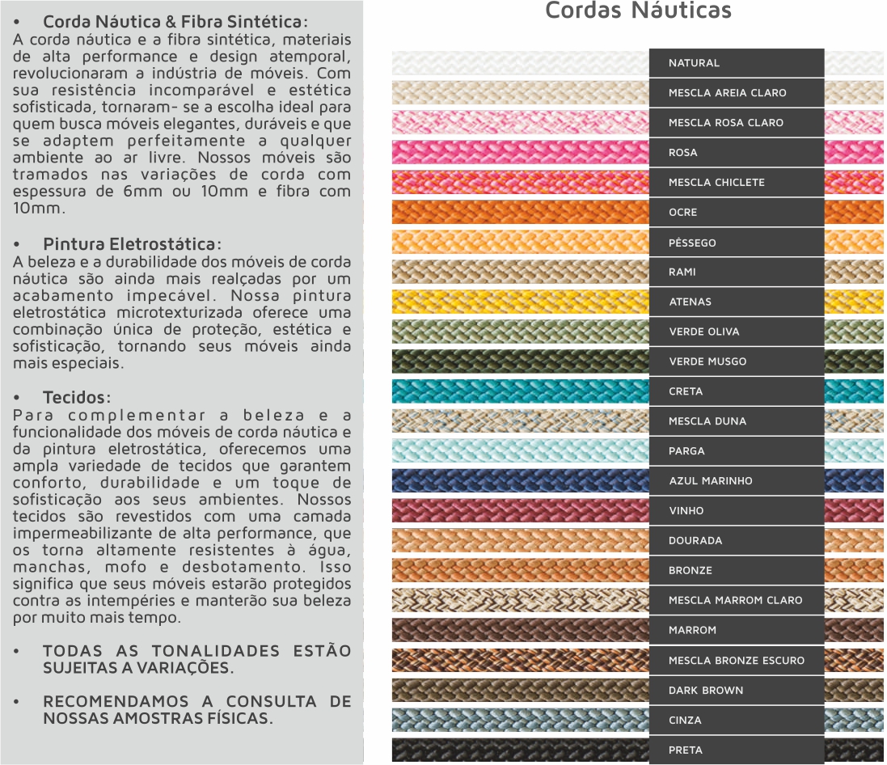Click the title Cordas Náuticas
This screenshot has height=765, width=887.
point(638,11)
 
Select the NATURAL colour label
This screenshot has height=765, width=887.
point(694,63)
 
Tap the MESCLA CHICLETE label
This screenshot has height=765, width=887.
point(716,183)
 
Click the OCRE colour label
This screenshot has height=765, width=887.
point(682,213)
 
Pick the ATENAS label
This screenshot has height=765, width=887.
point(690,302)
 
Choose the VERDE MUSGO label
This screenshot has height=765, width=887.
point(707,361)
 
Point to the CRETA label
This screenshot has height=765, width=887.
point(686,391)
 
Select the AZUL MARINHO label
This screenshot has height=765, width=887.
point(711,481)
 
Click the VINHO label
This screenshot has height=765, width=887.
point(686,511)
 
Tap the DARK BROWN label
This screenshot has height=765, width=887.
point(706,691)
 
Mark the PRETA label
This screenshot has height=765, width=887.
point(686,750)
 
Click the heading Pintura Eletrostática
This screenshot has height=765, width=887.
point(132,244)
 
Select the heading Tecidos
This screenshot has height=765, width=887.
point(77,398)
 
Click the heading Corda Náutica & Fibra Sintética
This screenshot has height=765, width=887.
point(175,22)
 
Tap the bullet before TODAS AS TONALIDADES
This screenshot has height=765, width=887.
point(17,651)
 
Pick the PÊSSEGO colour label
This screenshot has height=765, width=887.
point(692,243)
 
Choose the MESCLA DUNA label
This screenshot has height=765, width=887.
point(707,421)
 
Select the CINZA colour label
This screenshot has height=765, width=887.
point(685,721)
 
